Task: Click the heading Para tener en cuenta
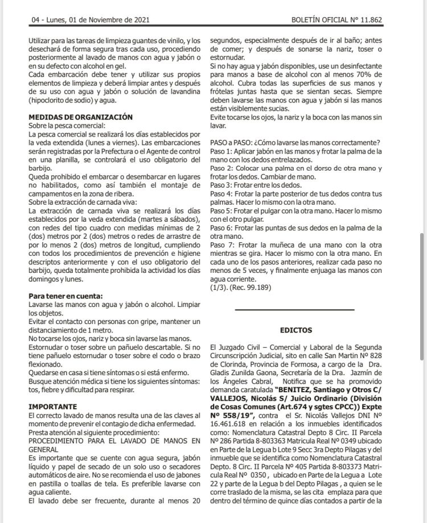[66, 296]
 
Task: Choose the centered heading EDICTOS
[295, 330]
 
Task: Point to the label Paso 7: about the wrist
[221, 244]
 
